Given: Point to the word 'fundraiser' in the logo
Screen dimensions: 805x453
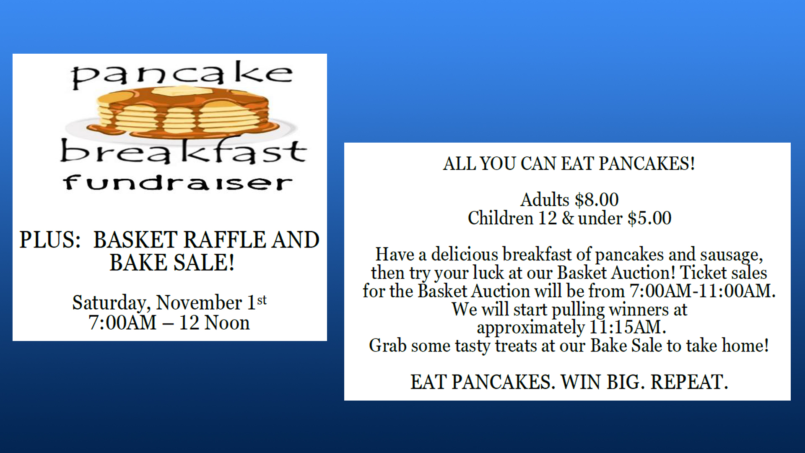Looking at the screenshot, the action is (178, 182).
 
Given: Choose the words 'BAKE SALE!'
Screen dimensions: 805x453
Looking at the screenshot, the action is (172, 263).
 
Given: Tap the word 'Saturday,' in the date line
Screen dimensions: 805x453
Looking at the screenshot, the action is (111, 303).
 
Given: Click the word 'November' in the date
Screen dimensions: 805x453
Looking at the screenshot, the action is (199, 302).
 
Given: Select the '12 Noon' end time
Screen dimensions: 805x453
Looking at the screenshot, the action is (214, 323).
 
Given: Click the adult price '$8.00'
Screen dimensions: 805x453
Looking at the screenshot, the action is (597, 200).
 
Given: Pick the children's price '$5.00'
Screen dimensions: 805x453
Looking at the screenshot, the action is (649, 218).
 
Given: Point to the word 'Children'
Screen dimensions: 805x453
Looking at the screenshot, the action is (501, 218).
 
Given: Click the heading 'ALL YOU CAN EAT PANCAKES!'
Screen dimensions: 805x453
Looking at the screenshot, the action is (569, 164).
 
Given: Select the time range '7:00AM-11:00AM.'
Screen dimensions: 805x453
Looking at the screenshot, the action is (703, 291).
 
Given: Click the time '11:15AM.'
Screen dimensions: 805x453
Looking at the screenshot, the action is (628, 327).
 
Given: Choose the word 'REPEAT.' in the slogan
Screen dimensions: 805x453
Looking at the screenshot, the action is (689, 382).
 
